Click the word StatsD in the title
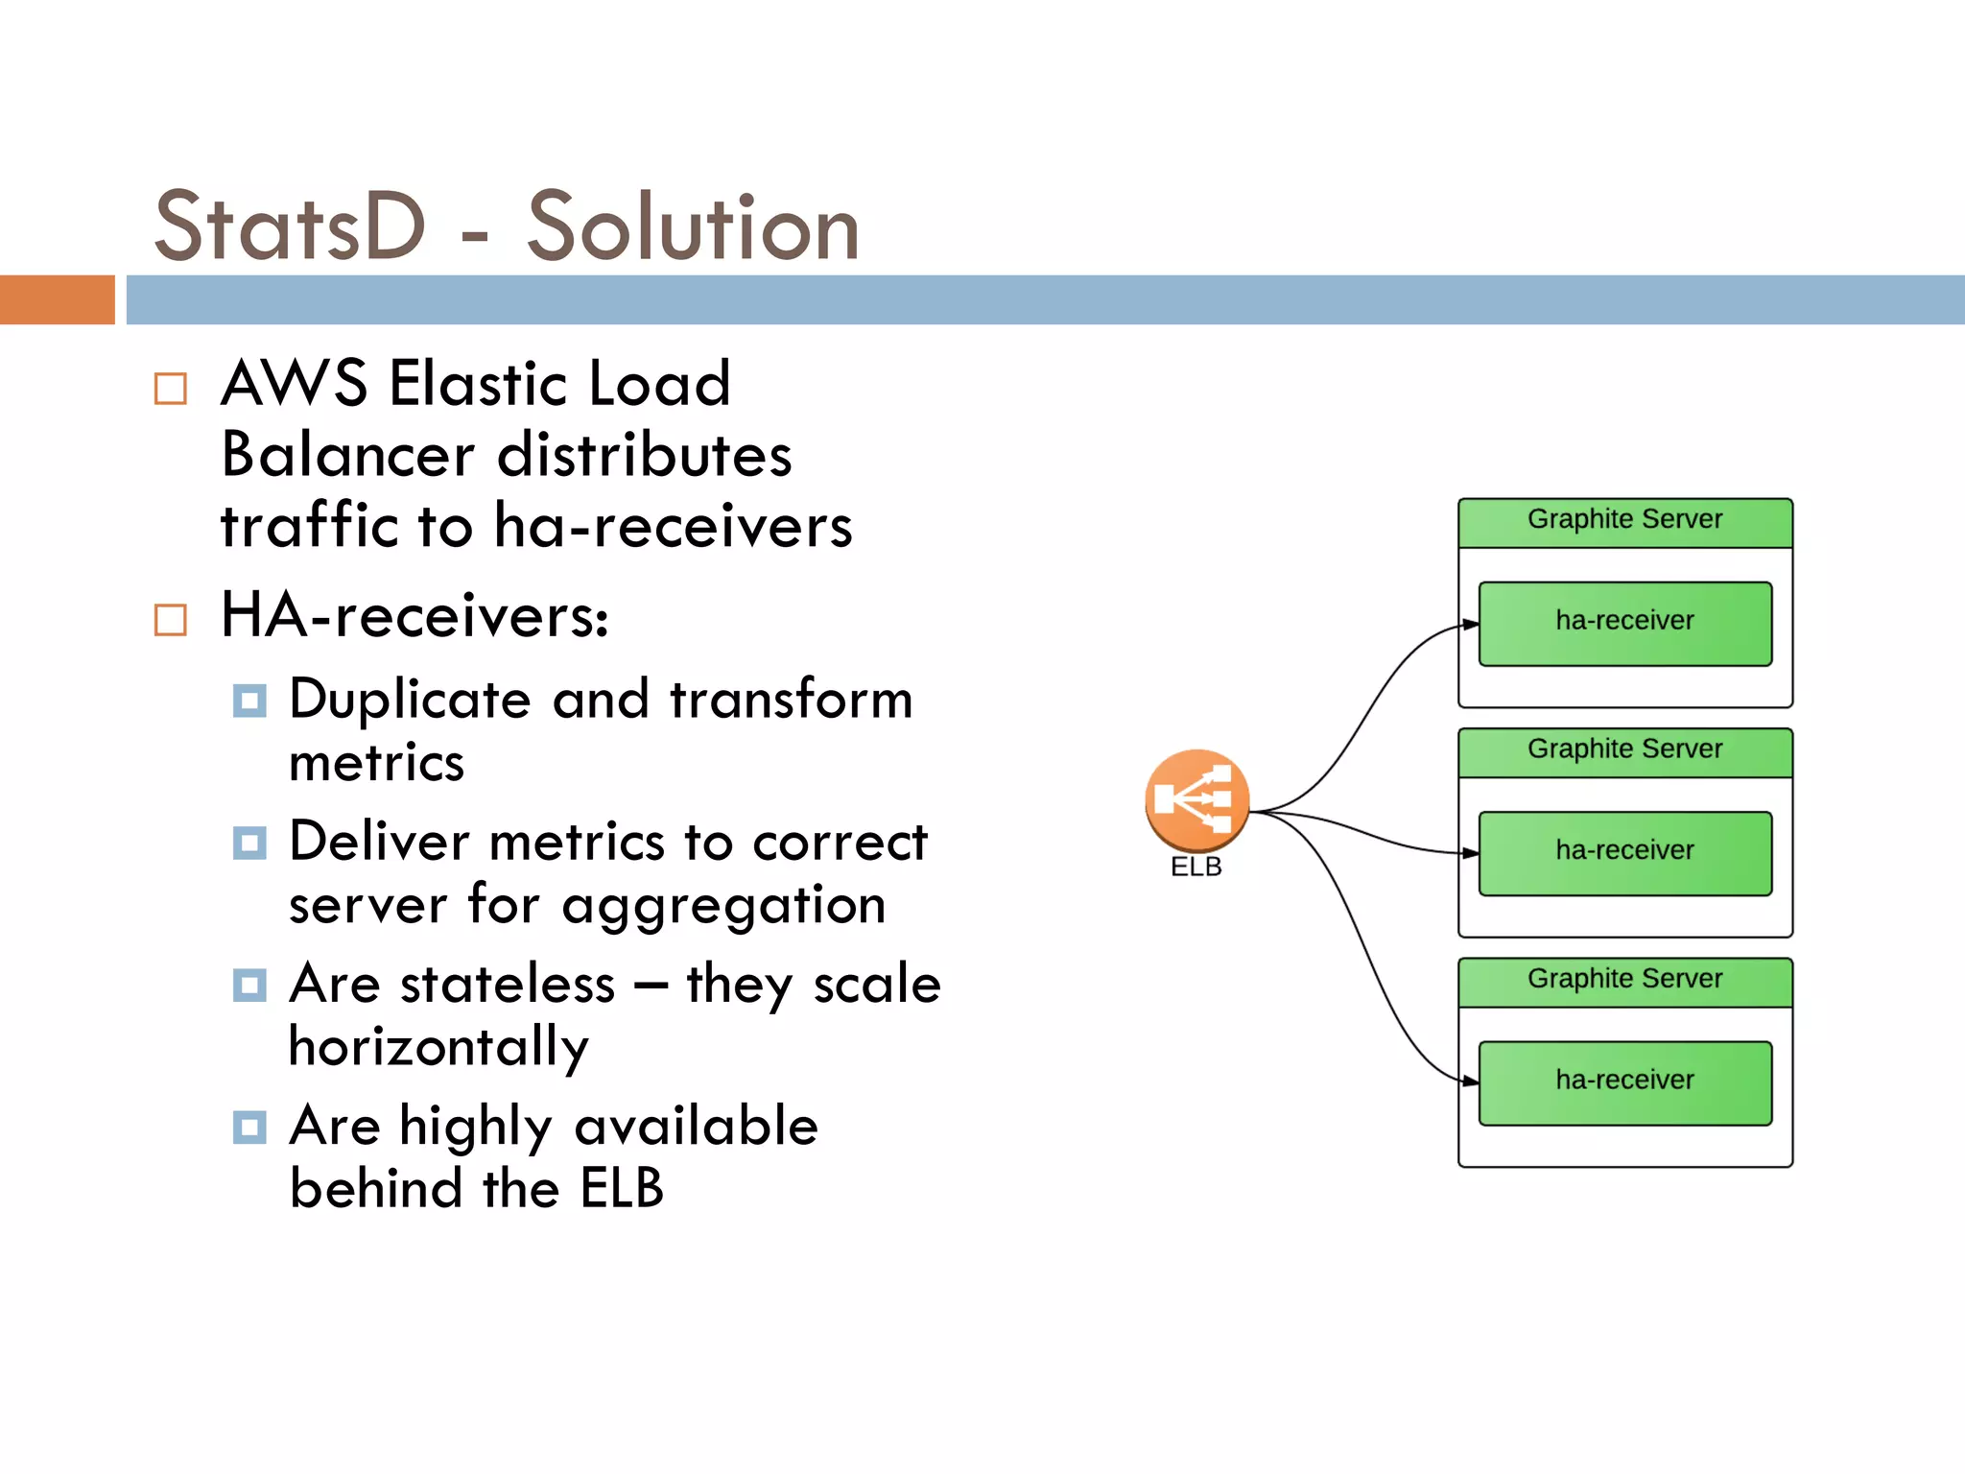coord(289,226)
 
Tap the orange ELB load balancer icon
coord(1196,799)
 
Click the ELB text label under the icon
coord(1196,867)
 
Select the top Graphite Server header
coord(1624,521)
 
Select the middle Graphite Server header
coord(1624,750)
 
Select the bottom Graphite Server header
coord(1624,980)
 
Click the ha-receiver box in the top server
coord(1624,623)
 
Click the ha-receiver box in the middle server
coord(1624,852)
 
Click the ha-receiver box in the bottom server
coord(1624,1082)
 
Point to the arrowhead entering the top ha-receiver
coord(1471,625)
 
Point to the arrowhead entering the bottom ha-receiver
coord(1471,1082)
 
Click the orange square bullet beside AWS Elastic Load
coord(171,389)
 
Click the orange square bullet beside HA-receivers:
coord(171,620)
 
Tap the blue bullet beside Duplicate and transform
coord(249,701)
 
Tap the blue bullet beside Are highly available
coord(249,1127)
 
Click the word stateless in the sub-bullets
coord(508,985)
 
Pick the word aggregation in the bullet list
coord(723,906)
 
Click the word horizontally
coord(438,1048)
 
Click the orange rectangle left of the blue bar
coord(57,299)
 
